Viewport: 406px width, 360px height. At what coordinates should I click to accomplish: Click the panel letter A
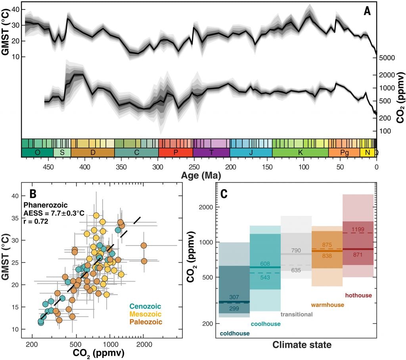click(367, 11)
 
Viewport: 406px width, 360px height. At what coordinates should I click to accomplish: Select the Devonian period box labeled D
click(92, 153)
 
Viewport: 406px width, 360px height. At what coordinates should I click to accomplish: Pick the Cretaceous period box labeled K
click(300, 153)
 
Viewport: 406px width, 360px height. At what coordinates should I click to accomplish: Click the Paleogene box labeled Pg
click(344, 153)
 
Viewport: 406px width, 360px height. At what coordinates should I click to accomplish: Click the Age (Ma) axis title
click(199, 174)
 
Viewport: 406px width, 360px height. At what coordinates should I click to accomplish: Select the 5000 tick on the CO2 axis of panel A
click(388, 58)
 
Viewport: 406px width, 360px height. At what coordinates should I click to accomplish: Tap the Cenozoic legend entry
click(146, 306)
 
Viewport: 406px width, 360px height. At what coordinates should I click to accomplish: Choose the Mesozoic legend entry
click(146, 314)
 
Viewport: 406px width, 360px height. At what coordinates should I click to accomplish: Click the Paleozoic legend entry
click(146, 322)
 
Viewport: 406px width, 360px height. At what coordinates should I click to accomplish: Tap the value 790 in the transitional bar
click(295, 250)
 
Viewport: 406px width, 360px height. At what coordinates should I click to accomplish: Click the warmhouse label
click(327, 305)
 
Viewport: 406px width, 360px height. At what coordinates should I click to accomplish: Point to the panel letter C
click(224, 194)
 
